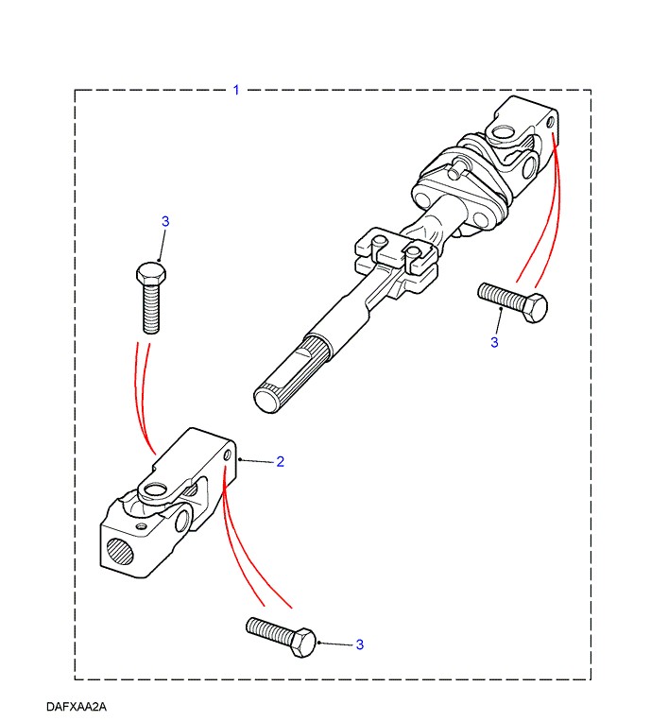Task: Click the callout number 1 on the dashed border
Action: [236, 90]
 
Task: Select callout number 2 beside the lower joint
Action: [280, 462]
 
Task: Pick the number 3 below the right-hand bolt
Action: [493, 342]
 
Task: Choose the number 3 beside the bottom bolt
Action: [359, 644]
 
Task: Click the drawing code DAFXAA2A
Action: [75, 706]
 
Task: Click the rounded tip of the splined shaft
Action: [266, 397]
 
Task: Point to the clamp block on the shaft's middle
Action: [397, 257]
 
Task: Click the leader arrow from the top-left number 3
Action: [161, 248]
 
